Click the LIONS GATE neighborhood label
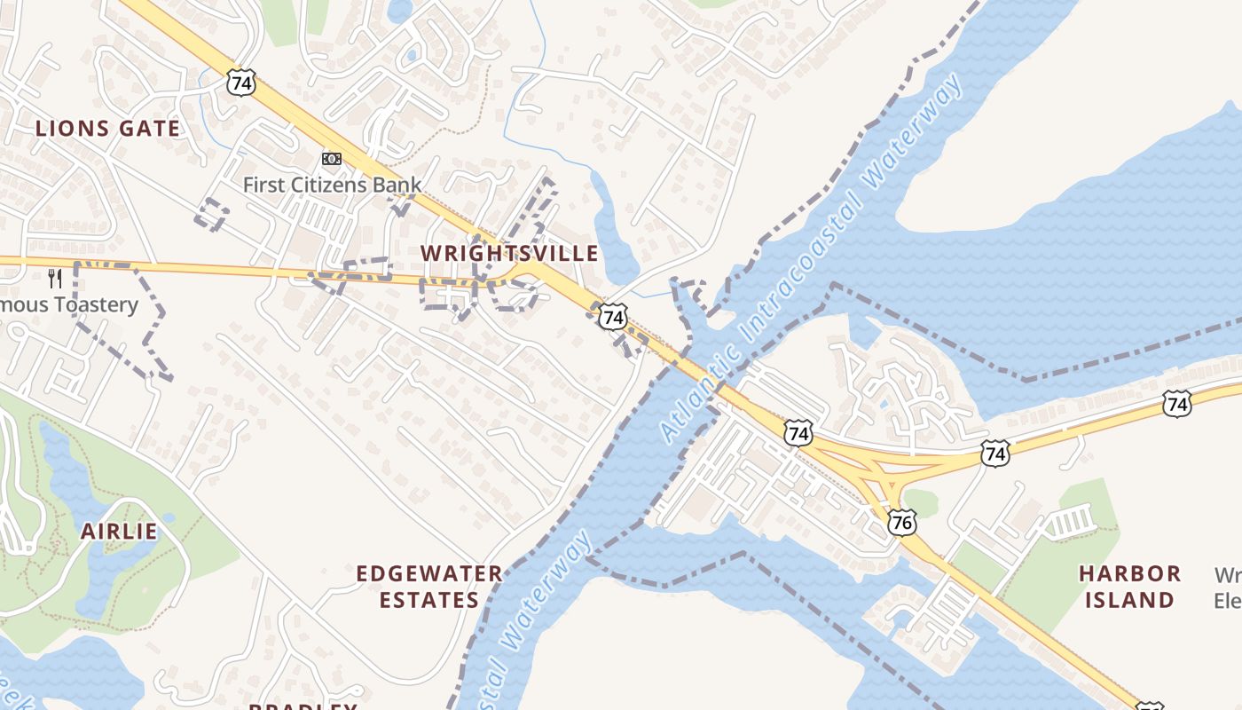107,129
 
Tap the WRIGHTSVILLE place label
509,254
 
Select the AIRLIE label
119,532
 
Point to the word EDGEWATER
429,574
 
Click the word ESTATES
429,601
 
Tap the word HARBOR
1129,574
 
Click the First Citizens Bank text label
332,185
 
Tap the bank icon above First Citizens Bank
332,159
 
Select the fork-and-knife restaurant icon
55,279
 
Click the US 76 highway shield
901,522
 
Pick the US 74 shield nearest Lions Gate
241,83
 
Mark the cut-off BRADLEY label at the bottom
303,706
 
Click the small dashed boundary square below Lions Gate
212,215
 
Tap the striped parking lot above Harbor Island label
1072,521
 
